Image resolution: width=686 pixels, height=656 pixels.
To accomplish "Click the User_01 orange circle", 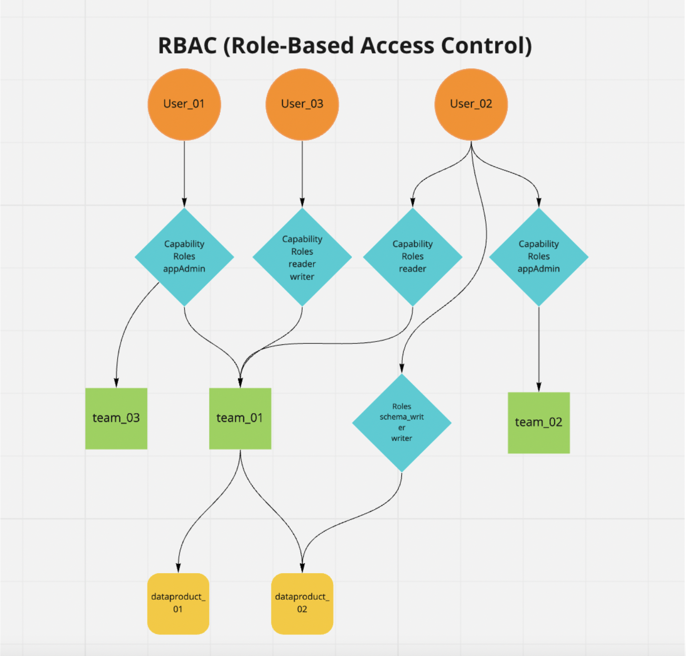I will [184, 104].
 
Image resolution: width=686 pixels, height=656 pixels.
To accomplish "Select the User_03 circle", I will [302, 104].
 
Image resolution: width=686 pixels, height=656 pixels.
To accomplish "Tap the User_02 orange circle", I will [471, 104].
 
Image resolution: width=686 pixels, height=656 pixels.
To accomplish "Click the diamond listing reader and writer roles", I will [302, 257].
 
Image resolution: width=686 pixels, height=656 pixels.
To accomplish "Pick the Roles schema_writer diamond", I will [401, 422].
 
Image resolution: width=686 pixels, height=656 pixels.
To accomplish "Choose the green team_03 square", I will [116, 418].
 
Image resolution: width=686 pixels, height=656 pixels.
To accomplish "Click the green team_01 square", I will [240, 418].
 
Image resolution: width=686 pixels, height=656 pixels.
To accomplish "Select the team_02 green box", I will [538, 423].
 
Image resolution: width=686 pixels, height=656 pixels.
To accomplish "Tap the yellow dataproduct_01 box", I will [178, 604].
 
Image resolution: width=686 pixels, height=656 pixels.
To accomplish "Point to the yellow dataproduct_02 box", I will [302, 604].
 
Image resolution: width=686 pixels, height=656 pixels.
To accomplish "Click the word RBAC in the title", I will [187, 46].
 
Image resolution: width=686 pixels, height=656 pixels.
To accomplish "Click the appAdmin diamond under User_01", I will [184, 257].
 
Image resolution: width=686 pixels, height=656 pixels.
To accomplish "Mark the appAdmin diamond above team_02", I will [538, 257].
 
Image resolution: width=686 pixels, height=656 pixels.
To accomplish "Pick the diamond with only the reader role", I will [412, 257].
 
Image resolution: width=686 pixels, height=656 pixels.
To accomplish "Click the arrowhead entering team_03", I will [116, 383].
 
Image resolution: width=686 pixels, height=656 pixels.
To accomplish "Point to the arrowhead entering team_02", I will [538, 387].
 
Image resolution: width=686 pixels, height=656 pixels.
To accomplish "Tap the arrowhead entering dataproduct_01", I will [178, 568].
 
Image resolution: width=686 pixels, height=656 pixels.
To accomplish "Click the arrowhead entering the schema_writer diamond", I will [401, 369].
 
